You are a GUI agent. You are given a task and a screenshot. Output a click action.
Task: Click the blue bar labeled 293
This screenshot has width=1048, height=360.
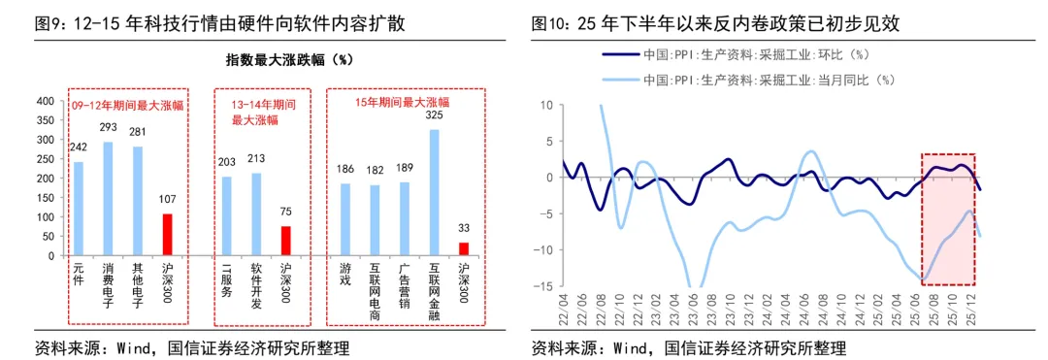tap(109, 199)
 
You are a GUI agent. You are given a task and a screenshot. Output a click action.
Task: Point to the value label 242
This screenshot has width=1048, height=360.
tap(78, 147)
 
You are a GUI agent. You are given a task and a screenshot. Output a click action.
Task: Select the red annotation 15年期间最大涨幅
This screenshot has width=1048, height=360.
tap(402, 102)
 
